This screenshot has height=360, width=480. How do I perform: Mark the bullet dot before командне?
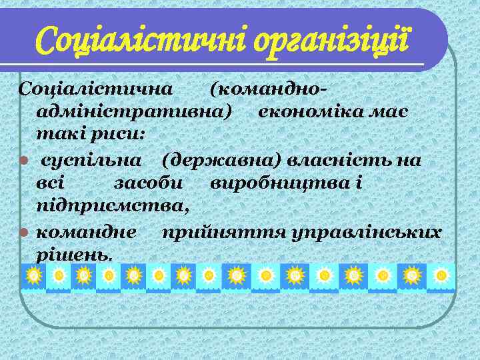tap(23, 233)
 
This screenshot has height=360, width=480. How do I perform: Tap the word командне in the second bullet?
tap(87, 232)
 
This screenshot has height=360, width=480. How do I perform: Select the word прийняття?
tap(203, 232)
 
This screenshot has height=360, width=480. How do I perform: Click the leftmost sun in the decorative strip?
tap(33, 275)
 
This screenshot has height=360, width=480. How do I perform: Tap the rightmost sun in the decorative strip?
tap(441, 275)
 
